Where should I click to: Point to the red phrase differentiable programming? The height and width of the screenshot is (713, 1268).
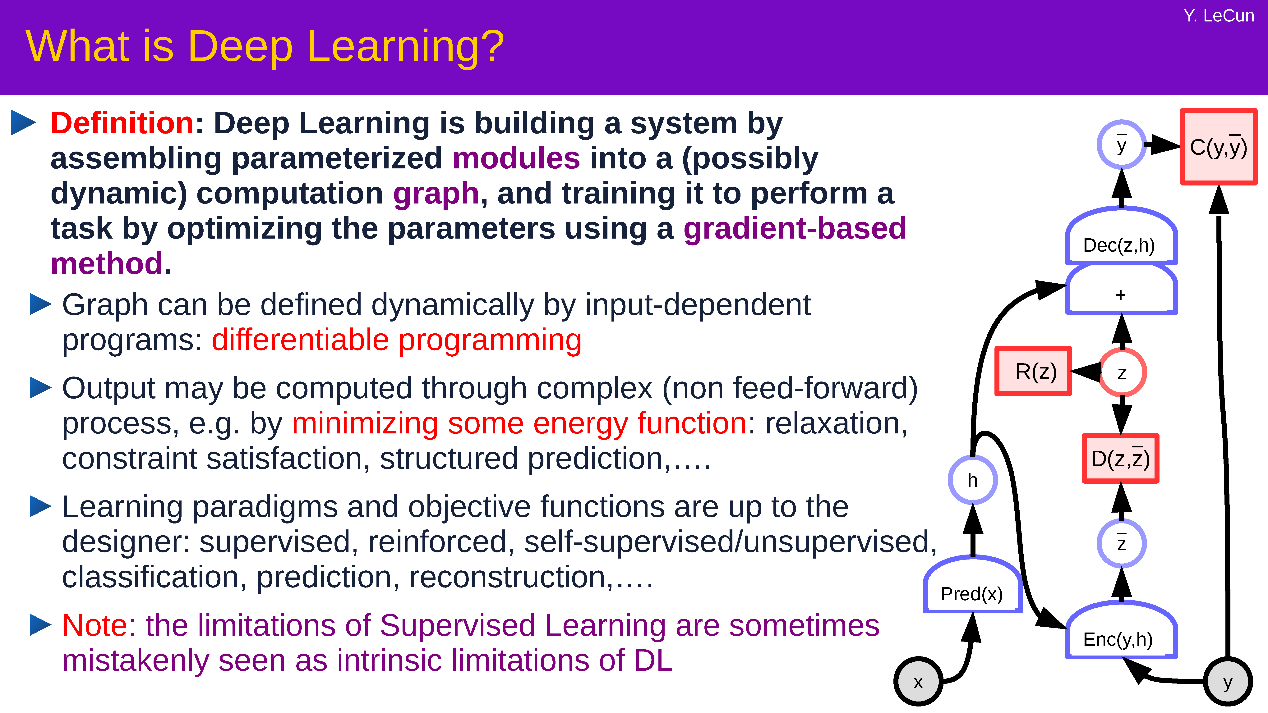point(397,340)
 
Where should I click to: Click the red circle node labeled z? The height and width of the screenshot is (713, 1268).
point(1122,372)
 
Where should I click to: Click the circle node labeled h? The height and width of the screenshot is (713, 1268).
point(973,480)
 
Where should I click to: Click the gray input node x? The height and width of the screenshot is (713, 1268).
point(918,682)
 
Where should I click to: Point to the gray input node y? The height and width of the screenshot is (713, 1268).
point(1228,682)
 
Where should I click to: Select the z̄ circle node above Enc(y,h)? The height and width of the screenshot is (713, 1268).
point(1121,543)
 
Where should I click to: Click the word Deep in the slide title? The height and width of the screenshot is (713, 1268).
point(240,47)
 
